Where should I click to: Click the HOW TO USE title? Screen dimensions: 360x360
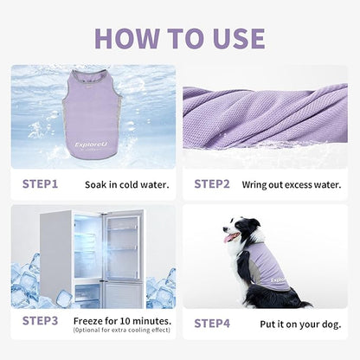179,37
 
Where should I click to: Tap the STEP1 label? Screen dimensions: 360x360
40,183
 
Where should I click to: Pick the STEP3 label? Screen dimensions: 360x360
40,322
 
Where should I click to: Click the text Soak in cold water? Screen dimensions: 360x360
127,184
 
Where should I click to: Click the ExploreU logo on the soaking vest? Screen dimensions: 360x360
91,145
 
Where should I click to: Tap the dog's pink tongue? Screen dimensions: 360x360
231,236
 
